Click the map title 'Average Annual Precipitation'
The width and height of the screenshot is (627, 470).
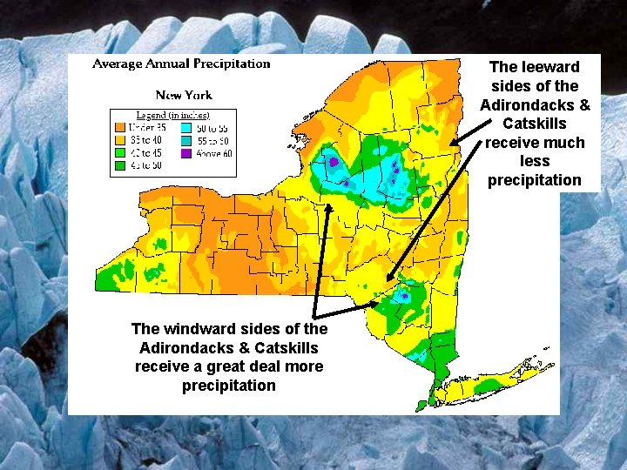coord(181,64)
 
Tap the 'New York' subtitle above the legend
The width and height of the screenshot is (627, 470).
coord(184,95)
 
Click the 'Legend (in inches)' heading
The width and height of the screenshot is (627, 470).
coord(173,115)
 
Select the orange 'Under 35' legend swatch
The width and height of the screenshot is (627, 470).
coord(120,127)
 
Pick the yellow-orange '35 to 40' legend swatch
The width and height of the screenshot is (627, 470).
coord(120,139)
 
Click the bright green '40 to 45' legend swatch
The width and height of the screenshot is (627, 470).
coord(120,151)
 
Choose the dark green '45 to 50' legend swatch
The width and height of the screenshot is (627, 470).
coord(120,164)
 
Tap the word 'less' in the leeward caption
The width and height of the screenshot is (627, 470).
coord(535,161)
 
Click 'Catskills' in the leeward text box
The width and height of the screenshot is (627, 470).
coord(535,124)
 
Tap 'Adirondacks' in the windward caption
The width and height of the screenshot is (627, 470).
coord(182,348)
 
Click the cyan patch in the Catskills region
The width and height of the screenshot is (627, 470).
coord(402,296)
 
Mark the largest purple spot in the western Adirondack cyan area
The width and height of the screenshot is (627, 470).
coord(332,161)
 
